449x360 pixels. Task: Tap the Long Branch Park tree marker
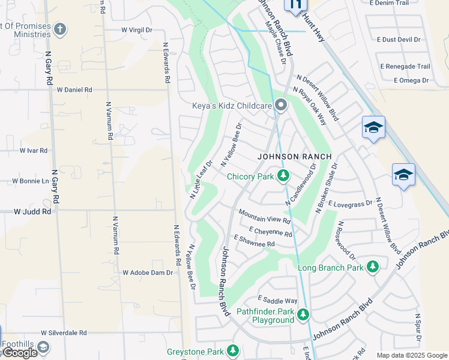tap(373, 266)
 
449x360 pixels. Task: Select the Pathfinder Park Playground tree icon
tap(303, 314)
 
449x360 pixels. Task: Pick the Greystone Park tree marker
tap(232, 351)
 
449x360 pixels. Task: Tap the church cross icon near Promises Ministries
tap(59, 29)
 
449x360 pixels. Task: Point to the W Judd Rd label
tap(33, 211)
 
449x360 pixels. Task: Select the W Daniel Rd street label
tap(74, 89)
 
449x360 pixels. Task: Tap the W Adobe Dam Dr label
tap(148, 272)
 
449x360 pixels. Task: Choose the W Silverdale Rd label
tap(64, 332)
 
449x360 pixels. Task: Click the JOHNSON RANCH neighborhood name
tap(294, 157)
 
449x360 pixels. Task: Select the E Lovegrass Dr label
tap(351, 205)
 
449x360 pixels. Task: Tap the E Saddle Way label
tap(277, 300)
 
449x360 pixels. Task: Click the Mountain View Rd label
tap(264, 216)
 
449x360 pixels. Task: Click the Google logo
tap(19, 353)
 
